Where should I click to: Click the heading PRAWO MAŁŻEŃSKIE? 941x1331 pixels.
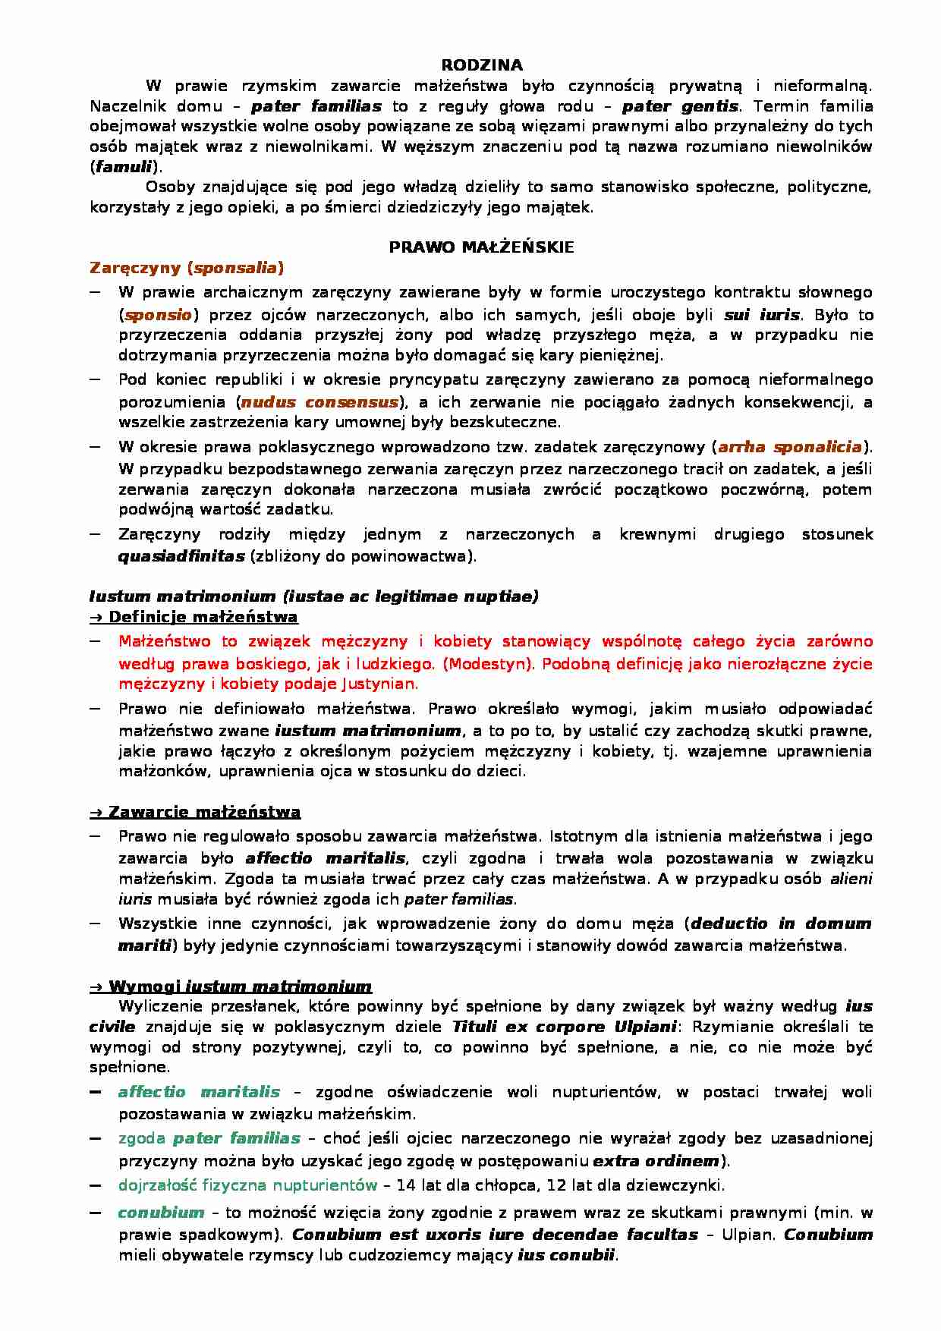tap(481, 247)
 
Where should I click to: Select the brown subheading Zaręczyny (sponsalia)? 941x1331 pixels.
tap(187, 268)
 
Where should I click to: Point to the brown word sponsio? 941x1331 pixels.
tap(158, 315)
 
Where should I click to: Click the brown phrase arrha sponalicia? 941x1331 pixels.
tap(790, 448)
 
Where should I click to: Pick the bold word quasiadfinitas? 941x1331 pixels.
tap(181, 556)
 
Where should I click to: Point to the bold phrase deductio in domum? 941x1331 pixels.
tap(781, 924)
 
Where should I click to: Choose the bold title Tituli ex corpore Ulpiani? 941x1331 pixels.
tap(564, 1027)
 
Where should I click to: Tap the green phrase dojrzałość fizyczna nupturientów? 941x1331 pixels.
tap(247, 1185)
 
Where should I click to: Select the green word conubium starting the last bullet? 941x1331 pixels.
tap(161, 1213)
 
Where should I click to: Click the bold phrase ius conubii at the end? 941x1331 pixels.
tap(566, 1255)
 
